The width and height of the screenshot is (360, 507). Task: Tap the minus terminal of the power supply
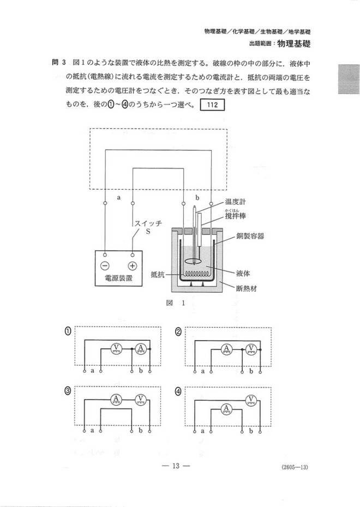(x=105, y=266)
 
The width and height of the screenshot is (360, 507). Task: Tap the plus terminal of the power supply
(x=133, y=266)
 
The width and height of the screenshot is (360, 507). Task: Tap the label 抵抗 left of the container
(x=158, y=275)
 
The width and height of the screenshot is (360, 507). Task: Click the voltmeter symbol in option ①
(x=116, y=348)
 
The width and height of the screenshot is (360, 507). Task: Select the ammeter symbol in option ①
(x=140, y=348)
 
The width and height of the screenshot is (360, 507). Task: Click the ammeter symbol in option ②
(x=226, y=348)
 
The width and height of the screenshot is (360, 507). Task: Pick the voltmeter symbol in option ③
(x=140, y=398)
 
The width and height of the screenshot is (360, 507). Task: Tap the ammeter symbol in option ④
(x=226, y=409)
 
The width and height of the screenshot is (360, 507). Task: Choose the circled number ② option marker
(x=178, y=331)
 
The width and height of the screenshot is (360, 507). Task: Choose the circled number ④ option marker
(x=178, y=391)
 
